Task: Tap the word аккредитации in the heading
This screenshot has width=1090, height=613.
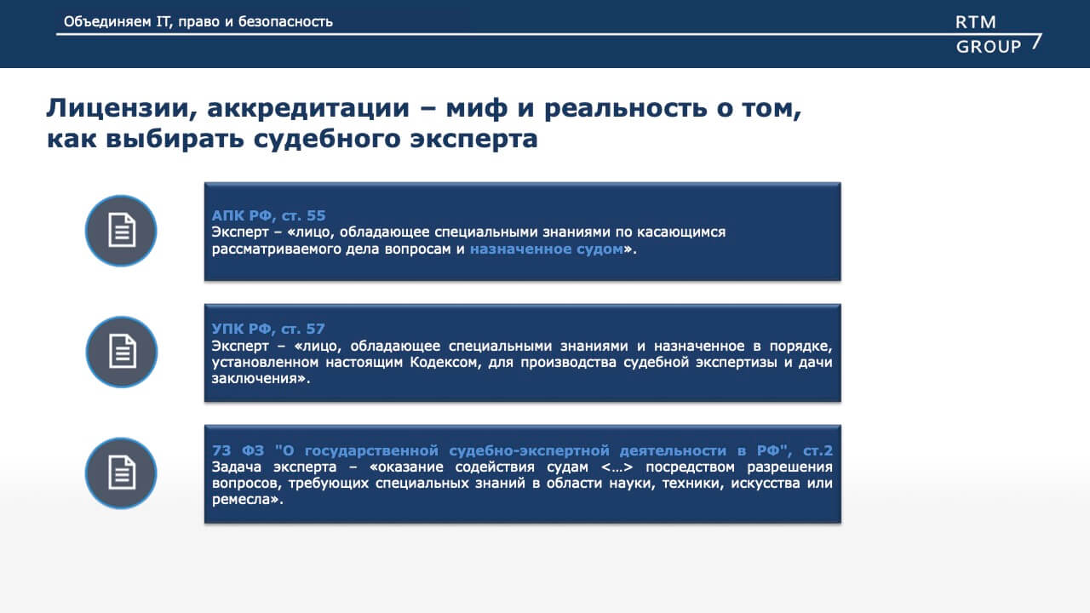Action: tap(308, 108)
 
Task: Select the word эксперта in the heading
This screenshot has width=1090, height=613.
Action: tap(473, 139)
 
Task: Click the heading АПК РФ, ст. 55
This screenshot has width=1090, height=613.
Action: tap(268, 215)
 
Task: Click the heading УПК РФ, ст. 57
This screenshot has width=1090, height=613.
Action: tap(268, 329)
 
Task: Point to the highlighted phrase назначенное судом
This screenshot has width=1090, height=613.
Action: tap(547, 249)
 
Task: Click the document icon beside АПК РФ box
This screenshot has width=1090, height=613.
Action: tap(121, 231)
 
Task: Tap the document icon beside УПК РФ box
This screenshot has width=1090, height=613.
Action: tap(122, 352)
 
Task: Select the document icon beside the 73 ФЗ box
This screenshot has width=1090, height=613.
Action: tap(121, 473)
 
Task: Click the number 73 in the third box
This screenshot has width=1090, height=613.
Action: tap(221, 450)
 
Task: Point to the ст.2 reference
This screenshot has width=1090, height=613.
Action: tap(817, 451)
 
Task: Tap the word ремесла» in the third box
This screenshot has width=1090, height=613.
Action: tap(247, 500)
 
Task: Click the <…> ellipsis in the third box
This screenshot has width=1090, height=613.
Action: tap(617, 467)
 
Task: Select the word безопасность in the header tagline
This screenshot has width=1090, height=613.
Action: tap(285, 22)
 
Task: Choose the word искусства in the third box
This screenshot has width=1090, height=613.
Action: tap(765, 483)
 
